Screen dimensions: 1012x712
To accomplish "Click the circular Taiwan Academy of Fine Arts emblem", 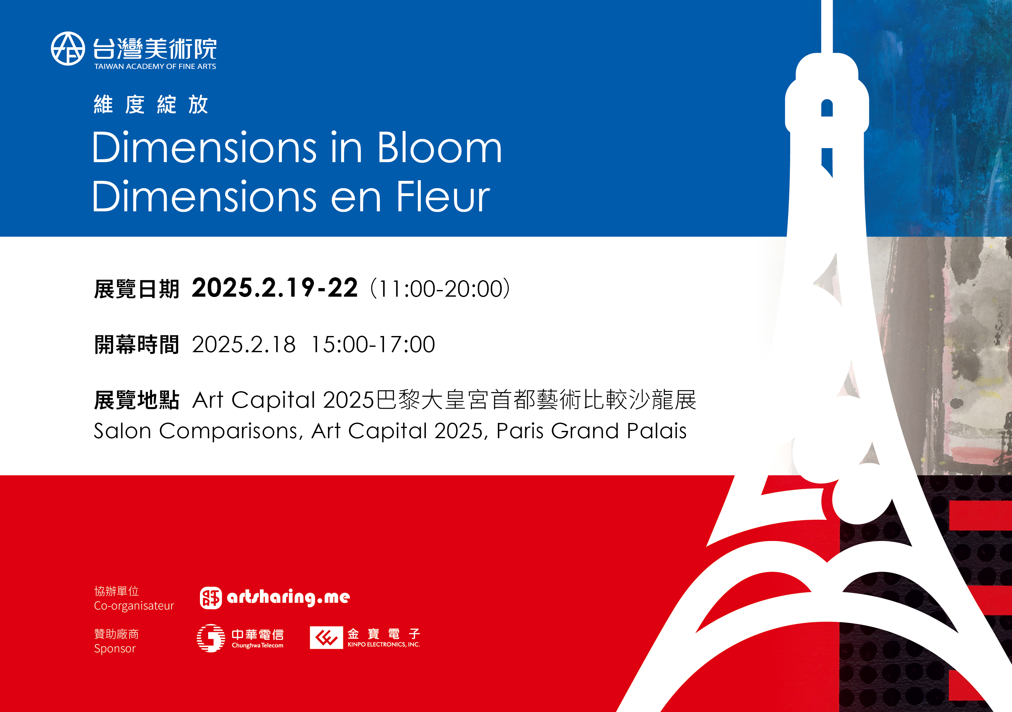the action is point(68,49).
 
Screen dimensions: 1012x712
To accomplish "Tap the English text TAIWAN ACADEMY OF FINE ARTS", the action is point(155,67).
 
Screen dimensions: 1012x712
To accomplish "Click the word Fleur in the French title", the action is point(443,196).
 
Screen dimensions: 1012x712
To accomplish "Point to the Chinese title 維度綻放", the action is point(151,105).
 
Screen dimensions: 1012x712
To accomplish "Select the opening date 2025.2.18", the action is point(244,344).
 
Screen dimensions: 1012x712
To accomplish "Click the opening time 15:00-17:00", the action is point(373,344).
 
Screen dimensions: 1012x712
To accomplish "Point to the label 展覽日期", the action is point(137,289).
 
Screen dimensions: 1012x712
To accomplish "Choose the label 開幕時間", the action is point(137,345).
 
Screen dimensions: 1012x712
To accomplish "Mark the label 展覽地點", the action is point(137,400).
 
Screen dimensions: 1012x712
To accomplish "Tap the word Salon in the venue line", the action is point(122,431).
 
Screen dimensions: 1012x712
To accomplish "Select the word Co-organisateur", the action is point(134,606).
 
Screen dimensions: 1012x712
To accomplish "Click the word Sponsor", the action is point(115,649).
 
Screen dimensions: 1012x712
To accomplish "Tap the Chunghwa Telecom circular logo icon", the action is point(211,638).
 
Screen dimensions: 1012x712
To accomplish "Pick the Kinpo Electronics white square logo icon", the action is point(326,637).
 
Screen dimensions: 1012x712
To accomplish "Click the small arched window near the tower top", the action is point(827,108).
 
